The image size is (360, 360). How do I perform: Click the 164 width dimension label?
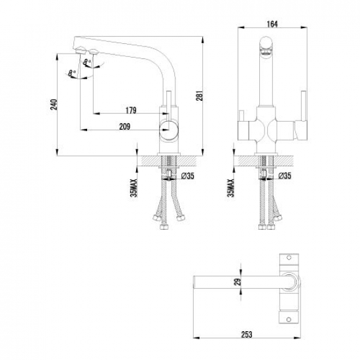point(272,24)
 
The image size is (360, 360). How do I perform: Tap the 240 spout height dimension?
point(54,105)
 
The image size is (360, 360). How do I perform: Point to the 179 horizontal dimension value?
point(131,110)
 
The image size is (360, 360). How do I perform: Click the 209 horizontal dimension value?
point(125,126)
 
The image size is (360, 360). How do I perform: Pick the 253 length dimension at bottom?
point(246,334)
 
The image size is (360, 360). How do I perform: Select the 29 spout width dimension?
point(238,281)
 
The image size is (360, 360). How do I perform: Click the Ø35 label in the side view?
point(188,176)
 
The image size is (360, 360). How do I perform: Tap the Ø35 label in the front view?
point(285,176)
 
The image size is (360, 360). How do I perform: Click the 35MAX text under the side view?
point(134,188)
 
